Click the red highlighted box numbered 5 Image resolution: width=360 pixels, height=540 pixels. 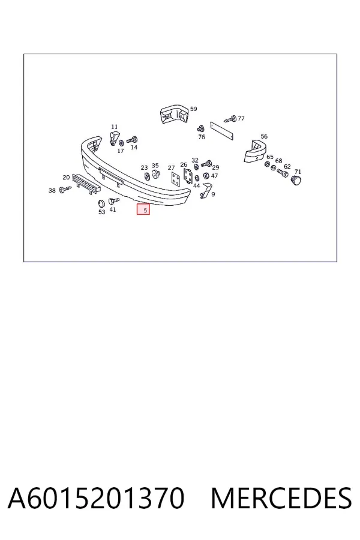click(x=143, y=209)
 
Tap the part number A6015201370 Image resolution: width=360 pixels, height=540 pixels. click(x=96, y=497)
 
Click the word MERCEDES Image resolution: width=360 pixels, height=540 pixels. click(x=281, y=497)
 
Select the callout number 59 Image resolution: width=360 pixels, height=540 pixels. click(x=194, y=109)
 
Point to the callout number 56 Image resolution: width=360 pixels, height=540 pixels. click(x=264, y=136)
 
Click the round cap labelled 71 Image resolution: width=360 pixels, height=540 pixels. click(x=296, y=180)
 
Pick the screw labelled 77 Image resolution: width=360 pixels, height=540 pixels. click(x=230, y=119)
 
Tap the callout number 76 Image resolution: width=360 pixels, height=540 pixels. click(x=202, y=137)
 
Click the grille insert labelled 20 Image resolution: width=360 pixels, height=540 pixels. click(x=86, y=184)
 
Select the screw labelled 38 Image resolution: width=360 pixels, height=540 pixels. click(x=65, y=189)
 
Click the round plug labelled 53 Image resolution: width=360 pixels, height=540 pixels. click(x=101, y=204)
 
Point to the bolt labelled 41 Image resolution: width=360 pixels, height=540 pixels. click(x=113, y=201)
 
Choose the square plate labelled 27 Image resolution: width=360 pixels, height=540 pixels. click(x=176, y=179)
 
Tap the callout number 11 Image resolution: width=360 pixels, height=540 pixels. click(x=115, y=127)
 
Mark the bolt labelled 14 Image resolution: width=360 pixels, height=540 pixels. click(x=132, y=140)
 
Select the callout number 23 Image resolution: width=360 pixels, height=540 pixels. click(x=144, y=168)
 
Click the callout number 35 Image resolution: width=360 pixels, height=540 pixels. click(x=155, y=166)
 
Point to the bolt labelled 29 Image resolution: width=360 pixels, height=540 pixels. click(x=206, y=163)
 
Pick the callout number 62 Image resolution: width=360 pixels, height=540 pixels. click(x=287, y=166)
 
